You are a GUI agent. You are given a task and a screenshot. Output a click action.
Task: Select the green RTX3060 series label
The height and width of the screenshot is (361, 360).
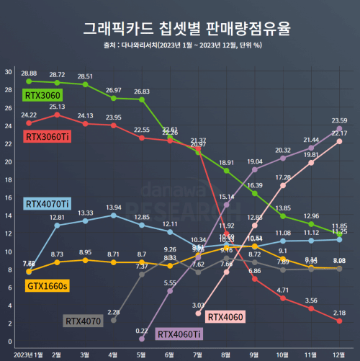coord(42,94)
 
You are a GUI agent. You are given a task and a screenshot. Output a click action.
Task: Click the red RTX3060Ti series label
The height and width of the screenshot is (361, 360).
coord(48,136)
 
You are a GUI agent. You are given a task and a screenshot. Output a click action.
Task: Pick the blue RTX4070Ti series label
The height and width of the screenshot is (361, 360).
coord(48,204)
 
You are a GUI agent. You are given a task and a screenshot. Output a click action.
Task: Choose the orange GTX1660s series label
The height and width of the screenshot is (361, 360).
coord(47,287)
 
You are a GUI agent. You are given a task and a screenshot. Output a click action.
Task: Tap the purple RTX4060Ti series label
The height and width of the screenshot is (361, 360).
coord(179,334)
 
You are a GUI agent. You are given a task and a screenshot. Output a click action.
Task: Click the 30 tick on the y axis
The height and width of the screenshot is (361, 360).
coord(7,72)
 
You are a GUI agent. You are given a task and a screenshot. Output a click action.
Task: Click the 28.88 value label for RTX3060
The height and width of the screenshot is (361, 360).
coord(30,73)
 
